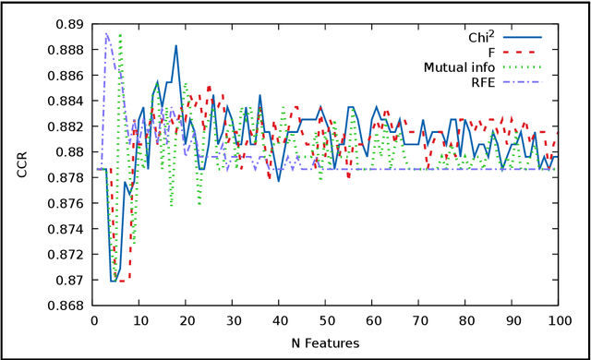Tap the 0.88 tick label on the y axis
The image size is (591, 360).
(x=71, y=151)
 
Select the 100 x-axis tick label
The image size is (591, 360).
(x=557, y=319)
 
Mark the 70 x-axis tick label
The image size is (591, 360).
(x=418, y=319)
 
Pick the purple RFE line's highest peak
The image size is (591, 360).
(x=107, y=34)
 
